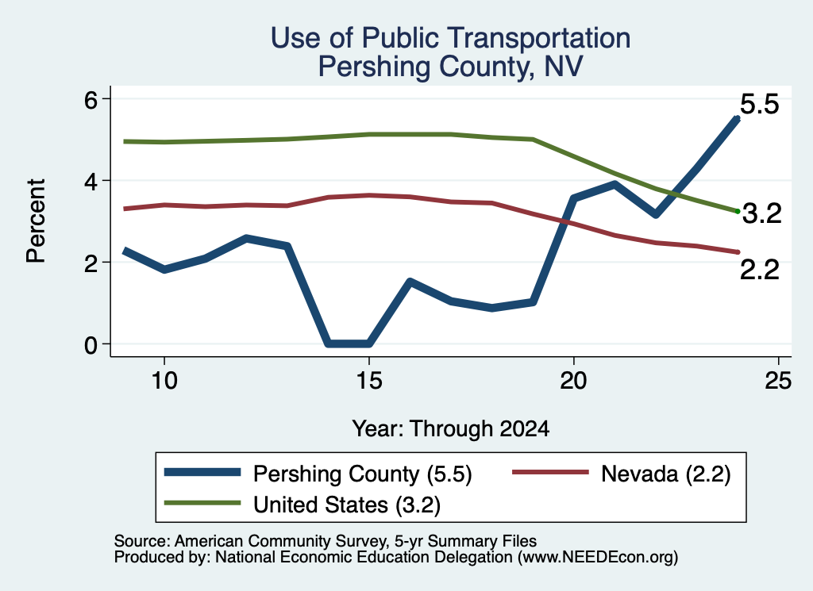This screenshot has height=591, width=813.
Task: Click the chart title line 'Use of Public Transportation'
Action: (450, 38)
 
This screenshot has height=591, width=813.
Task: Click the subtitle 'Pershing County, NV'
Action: (450, 67)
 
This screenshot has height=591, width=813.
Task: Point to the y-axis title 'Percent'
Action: (36, 221)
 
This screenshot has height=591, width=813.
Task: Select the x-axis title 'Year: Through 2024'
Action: (451, 428)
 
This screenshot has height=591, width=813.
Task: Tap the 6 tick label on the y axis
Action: (91, 99)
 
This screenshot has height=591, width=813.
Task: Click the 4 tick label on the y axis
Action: (91, 182)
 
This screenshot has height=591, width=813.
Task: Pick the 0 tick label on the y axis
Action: (91, 344)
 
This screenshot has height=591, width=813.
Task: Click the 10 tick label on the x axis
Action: (164, 381)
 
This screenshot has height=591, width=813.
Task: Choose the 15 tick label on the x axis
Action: (368, 381)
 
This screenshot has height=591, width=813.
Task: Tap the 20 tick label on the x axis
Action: (573, 381)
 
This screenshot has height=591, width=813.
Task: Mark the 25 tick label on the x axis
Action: (778, 381)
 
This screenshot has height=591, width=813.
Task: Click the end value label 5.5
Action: (760, 104)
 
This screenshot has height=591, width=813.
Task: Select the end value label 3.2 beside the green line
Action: (761, 213)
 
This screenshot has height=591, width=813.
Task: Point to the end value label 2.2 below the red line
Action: (760, 270)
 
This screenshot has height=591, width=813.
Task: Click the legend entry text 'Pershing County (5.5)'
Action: (362, 474)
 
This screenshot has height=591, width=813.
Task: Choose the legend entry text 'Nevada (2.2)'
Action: (666, 474)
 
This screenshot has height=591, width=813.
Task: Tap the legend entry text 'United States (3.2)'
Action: (347, 505)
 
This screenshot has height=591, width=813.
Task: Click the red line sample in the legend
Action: (550, 472)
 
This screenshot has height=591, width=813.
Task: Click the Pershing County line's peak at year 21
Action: (614, 184)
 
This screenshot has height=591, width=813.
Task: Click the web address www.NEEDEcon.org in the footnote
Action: (598, 558)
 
